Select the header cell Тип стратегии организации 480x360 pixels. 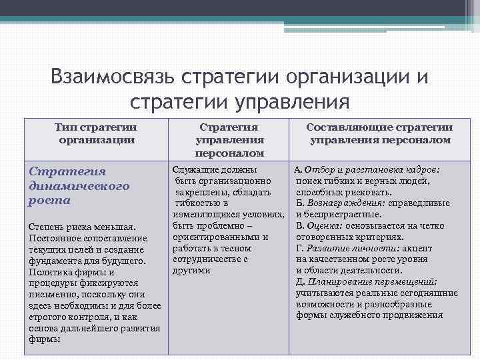[x=97, y=133]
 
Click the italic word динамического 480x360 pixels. [x=79, y=185]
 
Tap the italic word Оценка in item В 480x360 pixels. [x=321, y=225]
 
